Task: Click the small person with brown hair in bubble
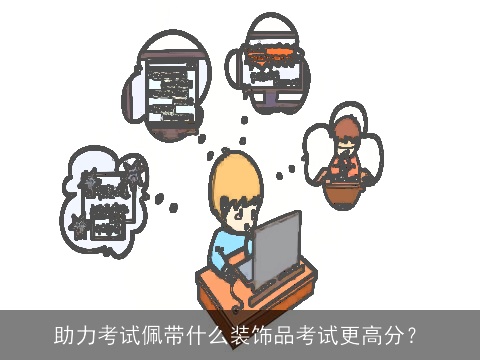coord(345,140)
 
